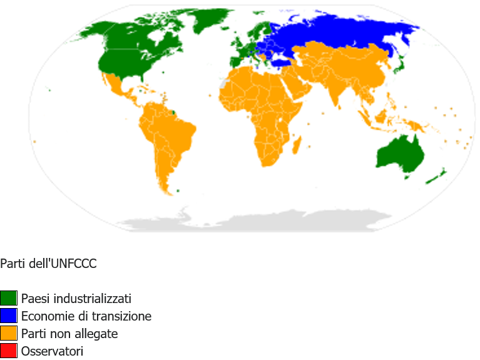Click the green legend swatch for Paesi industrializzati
9,299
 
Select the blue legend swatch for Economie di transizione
9,316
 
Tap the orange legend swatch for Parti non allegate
9,334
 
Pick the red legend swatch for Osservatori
9,351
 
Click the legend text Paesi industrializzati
76,299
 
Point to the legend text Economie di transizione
86,316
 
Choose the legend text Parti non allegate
69,334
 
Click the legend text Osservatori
52,352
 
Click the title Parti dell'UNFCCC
48,264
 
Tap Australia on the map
399,154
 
